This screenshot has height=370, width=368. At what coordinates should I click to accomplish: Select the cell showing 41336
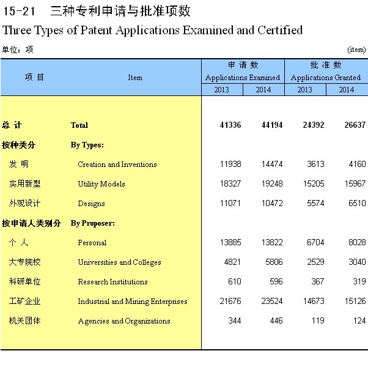point(230,125)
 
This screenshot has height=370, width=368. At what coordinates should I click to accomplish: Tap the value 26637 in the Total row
point(355,125)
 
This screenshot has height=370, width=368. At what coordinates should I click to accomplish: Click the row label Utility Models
point(101,184)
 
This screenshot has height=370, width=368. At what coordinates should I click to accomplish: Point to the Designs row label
point(92,204)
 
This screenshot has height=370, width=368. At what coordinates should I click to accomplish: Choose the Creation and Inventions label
point(117,165)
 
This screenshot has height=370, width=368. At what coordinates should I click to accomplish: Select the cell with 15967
point(355,184)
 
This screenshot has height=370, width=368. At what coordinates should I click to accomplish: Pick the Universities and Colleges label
point(119,262)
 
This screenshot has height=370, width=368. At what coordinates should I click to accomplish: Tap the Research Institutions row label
point(112,282)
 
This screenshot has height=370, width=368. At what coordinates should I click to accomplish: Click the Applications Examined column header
point(243,78)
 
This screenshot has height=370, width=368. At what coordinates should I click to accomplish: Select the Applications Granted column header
point(326,78)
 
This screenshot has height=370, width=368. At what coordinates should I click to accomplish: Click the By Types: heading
point(87,145)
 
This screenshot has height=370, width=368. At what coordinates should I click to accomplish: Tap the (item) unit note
point(356,50)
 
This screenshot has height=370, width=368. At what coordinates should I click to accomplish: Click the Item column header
point(135,78)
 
